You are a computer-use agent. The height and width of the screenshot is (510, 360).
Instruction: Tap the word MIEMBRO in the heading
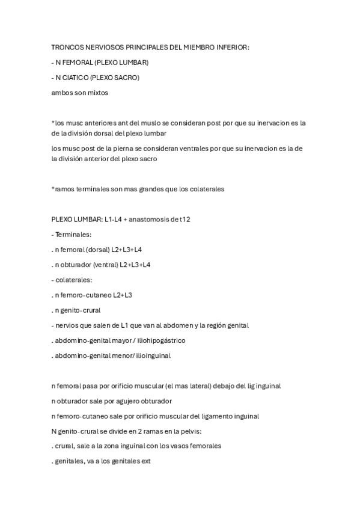point(189,47)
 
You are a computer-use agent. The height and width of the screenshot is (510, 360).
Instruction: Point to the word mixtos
point(95,93)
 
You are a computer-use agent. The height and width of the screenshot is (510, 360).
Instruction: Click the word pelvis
point(190,431)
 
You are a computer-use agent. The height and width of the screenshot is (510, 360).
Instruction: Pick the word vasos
point(169,446)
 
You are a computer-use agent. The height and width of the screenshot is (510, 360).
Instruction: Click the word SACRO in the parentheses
point(125,78)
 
